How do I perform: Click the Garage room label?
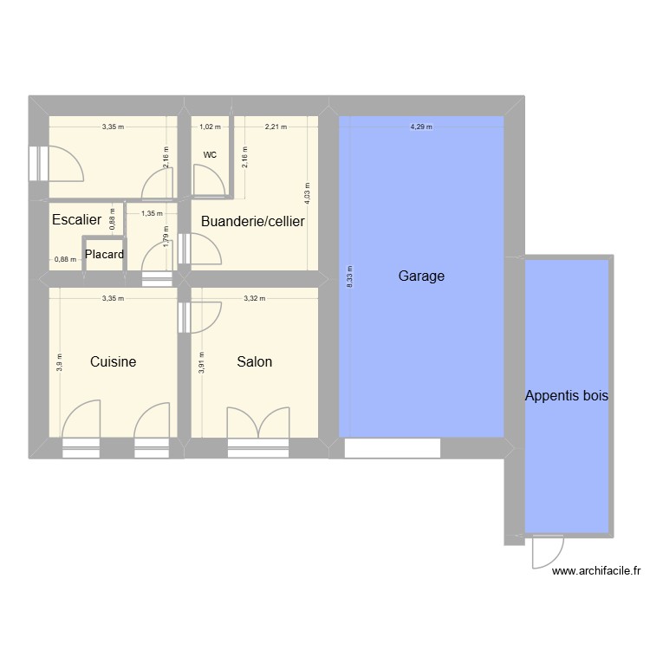[421, 276]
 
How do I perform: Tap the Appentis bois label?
[567, 396]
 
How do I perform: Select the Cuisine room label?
[113, 361]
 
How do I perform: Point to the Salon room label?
[254, 361]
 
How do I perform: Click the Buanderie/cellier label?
[252, 221]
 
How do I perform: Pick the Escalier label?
[76, 220]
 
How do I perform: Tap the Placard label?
[104, 255]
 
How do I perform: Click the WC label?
[210, 155]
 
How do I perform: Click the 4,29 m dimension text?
[421, 127]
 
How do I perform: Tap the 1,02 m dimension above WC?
[210, 127]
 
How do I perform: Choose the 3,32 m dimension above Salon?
[254, 298]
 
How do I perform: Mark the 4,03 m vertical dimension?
[305, 192]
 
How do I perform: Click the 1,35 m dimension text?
[152, 212]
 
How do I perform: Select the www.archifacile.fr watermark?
[595, 571]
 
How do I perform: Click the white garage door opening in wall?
[393, 448]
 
